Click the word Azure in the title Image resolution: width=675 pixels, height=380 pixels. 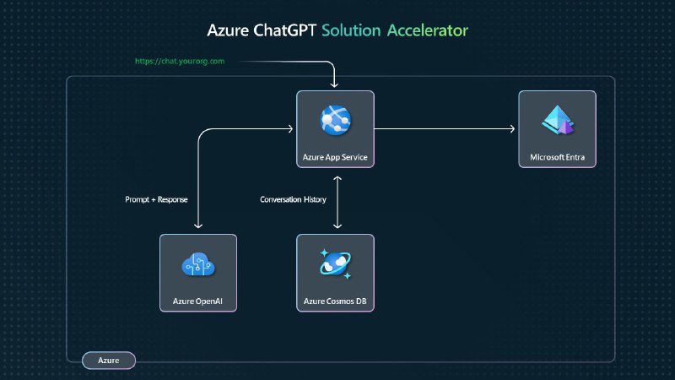[x=228, y=31]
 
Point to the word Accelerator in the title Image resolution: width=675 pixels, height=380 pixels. [x=428, y=31]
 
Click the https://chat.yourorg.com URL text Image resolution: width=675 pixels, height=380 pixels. [x=180, y=62]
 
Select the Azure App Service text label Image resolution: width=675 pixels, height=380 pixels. [x=335, y=157]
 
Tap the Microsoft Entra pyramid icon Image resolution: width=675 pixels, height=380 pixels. [x=557, y=122]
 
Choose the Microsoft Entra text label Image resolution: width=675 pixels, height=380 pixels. [x=557, y=157]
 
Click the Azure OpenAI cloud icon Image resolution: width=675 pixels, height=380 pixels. [x=198, y=265]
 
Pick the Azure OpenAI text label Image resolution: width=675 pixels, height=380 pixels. [x=198, y=301]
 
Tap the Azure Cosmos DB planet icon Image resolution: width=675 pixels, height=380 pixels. [x=335, y=264]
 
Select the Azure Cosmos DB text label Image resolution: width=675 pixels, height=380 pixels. [x=335, y=301]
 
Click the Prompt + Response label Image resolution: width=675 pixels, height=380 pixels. [x=156, y=199]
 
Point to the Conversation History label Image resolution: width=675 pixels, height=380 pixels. [x=293, y=199]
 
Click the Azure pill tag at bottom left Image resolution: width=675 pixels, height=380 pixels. [x=108, y=361]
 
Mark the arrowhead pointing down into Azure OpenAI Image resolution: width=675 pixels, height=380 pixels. [x=198, y=226]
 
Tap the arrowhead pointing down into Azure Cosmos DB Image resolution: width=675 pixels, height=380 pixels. [x=337, y=226]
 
